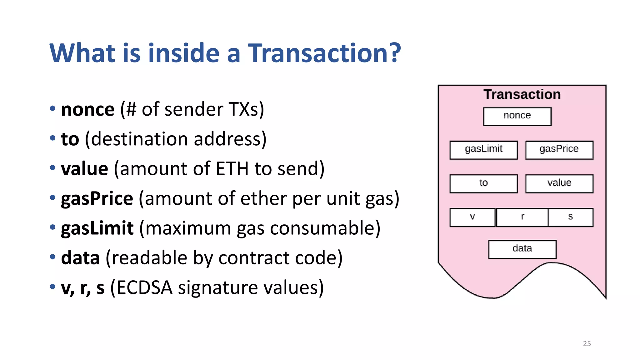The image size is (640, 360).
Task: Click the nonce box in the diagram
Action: (517, 116)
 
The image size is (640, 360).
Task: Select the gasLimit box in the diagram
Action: (483, 150)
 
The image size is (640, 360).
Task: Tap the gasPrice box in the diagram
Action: (559, 150)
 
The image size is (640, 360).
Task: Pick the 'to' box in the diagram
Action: (483, 184)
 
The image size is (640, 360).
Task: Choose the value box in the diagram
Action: (559, 184)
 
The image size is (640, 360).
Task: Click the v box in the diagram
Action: (472, 217)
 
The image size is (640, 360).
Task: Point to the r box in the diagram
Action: (522, 217)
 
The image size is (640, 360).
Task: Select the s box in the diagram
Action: (570, 217)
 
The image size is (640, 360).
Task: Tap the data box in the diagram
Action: (522, 249)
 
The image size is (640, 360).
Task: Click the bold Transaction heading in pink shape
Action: (522, 94)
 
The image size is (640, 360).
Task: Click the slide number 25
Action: (587, 343)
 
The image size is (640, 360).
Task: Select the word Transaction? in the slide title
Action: (324, 53)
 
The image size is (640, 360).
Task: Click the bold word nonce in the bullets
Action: (88, 110)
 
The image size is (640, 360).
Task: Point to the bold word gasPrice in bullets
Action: (97, 199)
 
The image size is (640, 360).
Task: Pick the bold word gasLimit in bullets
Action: (97, 228)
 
